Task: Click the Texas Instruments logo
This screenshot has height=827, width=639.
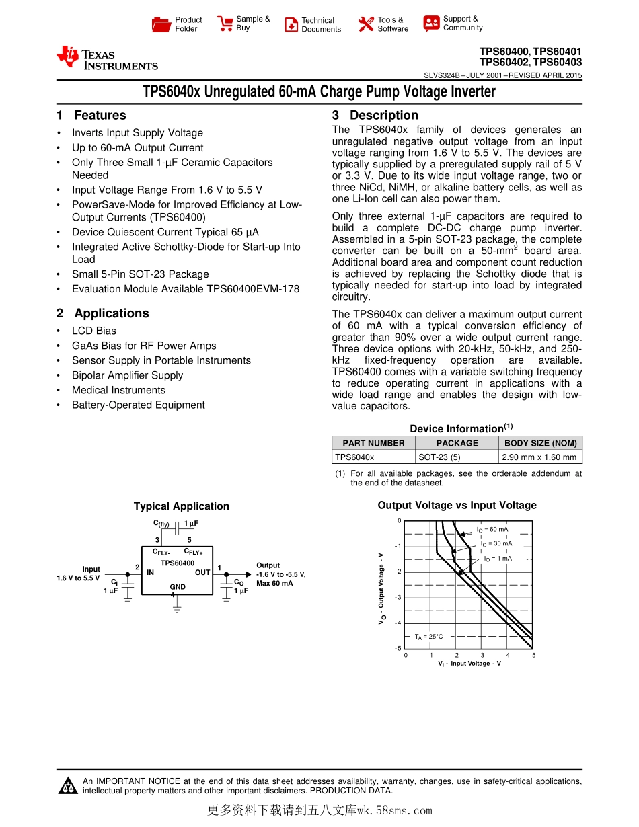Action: pyautogui.click(x=107, y=58)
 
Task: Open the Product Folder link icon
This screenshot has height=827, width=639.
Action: pyautogui.click(x=161, y=25)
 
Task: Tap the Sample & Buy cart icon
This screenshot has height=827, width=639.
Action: pyautogui.click(x=225, y=24)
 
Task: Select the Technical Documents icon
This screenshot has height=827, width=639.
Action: pyautogui.click(x=291, y=25)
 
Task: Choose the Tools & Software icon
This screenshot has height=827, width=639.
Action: pyautogui.click(x=366, y=25)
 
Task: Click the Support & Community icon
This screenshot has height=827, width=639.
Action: pyautogui.click(x=431, y=24)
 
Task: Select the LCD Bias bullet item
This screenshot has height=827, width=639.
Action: pyautogui.click(x=94, y=331)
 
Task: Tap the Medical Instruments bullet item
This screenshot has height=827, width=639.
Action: pyautogui.click(x=118, y=390)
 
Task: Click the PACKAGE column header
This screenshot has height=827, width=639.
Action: pyautogui.click(x=457, y=443)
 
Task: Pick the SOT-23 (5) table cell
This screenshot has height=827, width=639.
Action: pyautogui.click(x=439, y=457)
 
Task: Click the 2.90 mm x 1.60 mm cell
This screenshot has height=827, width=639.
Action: pyautogui.click(x=539, y=457)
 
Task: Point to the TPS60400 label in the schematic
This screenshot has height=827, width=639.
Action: pyautogui.click(x=178, y=563)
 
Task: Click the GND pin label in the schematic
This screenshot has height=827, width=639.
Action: pyautogui.click(x=178, y=587)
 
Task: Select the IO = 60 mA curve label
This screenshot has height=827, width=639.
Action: pyautogui.click(x=492, y=530)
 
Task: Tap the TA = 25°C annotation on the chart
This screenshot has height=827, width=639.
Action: pyautogui.click(x=428, y=636)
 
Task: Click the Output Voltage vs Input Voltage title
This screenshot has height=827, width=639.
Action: pyautogui.click(x=457, y=506)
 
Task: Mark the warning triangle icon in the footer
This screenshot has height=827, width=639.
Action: pyautogui.click(x=67, y=785)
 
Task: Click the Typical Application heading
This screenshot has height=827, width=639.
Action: pyautogui.click(x=181, y=506)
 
